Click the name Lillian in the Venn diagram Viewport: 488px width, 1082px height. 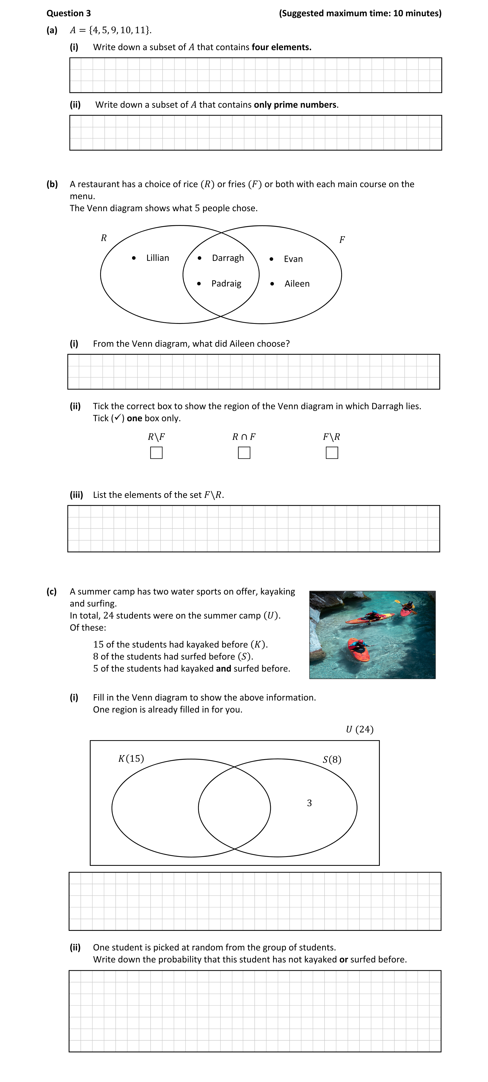(158, 258)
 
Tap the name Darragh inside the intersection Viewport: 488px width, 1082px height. (228, 258)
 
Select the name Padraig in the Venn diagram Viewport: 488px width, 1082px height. (226, 284)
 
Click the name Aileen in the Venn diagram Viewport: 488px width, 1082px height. (297, 284)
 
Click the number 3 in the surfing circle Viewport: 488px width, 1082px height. (309, 803)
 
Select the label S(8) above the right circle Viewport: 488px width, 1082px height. (332, 760)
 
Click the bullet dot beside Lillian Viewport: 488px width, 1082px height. (134, 258)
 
